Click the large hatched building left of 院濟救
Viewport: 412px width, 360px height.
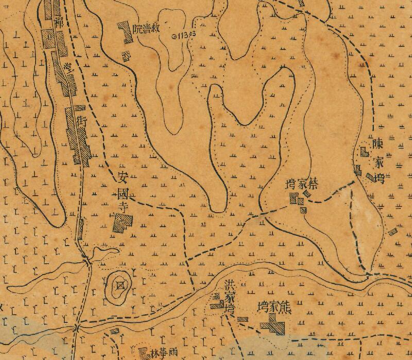tap(124, 32)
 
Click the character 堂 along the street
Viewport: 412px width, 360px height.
tap(67, 68)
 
